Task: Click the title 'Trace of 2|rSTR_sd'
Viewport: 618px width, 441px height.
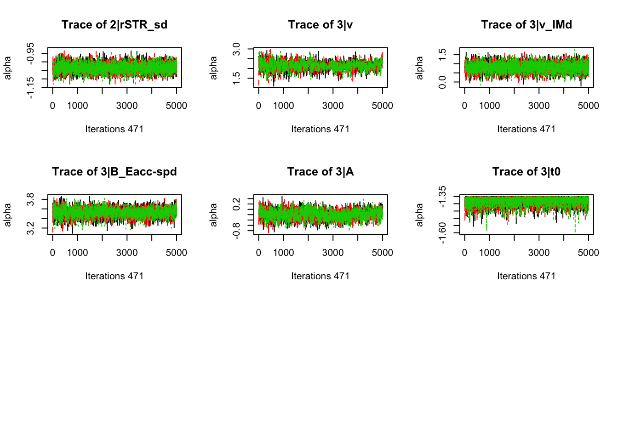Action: (x=114, y=25)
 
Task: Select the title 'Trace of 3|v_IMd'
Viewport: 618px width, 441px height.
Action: (x=526, y=25)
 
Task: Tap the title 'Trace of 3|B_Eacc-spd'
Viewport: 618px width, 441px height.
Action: (x=114, y=172)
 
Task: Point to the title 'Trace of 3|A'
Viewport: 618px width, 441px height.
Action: (x=320, y=172)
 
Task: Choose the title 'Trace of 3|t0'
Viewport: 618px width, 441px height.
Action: (x=526, y=172)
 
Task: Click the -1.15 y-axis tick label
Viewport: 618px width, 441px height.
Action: (x=30, y=87)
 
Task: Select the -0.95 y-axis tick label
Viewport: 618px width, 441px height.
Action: (x=30, y=53)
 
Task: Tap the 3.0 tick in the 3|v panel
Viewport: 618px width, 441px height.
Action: (x=236, y=49)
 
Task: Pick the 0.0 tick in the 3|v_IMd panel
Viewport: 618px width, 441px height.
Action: (x=442, y=82)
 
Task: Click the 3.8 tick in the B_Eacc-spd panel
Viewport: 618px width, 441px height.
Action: (x=30, y=199)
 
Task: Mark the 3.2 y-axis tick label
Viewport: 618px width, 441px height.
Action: (x=30, y=228)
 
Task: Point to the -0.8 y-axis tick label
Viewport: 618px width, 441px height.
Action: (x=236, y=231)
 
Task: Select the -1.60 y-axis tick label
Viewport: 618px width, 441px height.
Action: (x=442, y=233)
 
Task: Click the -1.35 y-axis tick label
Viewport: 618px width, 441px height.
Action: (x=442, y=197)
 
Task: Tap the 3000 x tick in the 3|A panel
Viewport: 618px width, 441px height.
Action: (x=333, y=253)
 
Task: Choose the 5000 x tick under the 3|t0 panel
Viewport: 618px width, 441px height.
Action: (x=588, y=253)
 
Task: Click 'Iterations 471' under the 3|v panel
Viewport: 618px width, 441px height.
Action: (x=320, y=129)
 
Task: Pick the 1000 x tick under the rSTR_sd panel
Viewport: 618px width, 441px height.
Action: (x=77, y=106)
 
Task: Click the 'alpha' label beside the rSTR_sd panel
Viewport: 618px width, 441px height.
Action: (x=7, y=68)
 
